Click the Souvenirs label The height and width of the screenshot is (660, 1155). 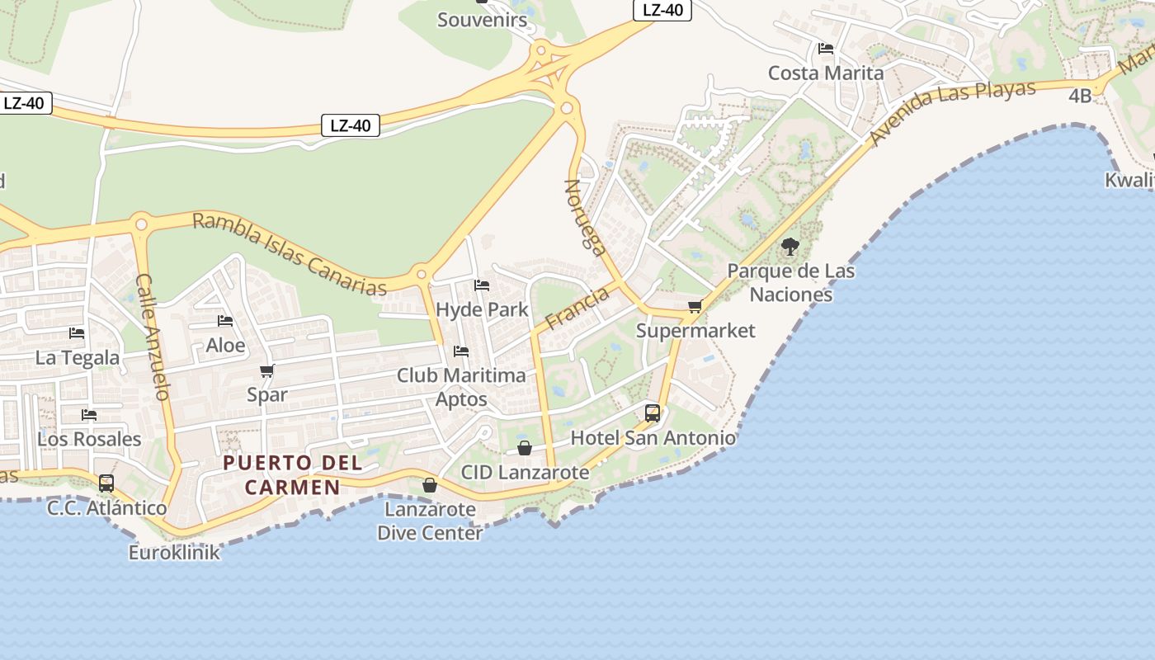tap(482, 20)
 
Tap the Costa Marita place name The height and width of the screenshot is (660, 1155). tap(826, 73)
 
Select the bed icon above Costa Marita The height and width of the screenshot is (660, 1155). tap(826, 49)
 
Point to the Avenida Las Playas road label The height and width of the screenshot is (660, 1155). tap(953, 112)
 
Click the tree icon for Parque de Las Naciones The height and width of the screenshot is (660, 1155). tap(790, 246)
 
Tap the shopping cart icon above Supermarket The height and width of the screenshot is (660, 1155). tap(695, 307)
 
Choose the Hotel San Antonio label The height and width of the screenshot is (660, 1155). tap(653, 437)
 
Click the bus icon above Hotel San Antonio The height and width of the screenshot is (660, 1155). tap(653, 412)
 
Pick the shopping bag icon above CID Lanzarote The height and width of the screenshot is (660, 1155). tap(525, 448)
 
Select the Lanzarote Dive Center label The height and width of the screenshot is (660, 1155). tap(430, 521)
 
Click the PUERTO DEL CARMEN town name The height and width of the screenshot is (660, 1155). tap(293, 474)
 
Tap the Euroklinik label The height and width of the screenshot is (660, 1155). tap(174, 552)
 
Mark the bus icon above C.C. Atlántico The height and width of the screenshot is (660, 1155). tap(106, 483)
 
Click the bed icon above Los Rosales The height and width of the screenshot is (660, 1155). tap(89, 414)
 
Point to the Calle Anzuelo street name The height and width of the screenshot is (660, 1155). tap(153, 337)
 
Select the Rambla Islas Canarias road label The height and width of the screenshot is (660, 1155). tap(290, 254)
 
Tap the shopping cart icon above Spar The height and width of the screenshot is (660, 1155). tap(266, 371)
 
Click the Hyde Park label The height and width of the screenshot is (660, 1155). tap(482, 309)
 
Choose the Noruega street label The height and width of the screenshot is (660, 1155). tap(586, 218)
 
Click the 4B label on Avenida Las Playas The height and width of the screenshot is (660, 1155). tap(1080, 96)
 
